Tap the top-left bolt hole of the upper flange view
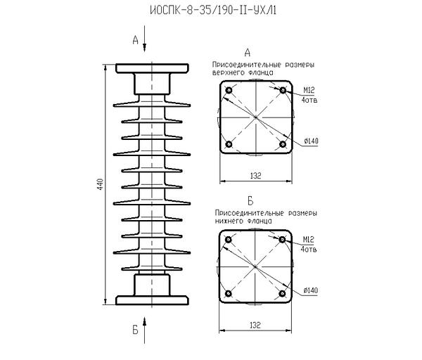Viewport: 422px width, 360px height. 229,91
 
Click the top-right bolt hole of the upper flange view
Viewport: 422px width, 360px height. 282,91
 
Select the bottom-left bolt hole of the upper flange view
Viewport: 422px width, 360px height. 229,144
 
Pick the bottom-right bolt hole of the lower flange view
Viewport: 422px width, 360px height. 282,293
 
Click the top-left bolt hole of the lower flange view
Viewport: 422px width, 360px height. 229,240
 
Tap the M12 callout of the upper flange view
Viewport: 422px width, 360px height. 308,90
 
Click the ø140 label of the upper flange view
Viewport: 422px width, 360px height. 311,141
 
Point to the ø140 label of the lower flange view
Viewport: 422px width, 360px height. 311,290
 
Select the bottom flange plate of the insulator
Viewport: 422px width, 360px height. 152,301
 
